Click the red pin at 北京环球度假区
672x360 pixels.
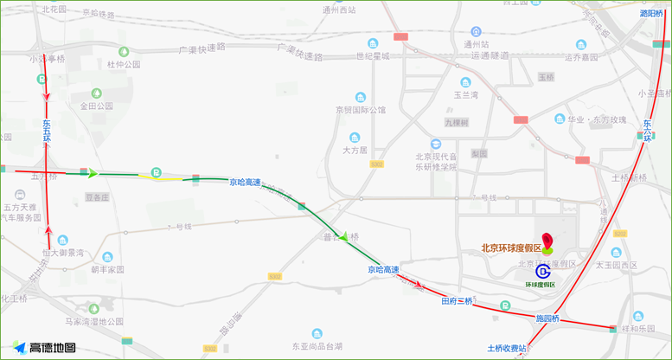547,240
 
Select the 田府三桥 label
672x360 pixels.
457,301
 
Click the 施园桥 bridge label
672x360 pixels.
547,318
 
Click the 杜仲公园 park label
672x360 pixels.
123,64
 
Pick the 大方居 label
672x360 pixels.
355,150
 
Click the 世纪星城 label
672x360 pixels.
373,56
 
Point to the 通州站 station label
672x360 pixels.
476,43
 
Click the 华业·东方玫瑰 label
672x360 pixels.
596,119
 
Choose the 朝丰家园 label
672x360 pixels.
107,269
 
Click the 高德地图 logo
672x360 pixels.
45,348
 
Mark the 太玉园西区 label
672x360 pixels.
615,265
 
